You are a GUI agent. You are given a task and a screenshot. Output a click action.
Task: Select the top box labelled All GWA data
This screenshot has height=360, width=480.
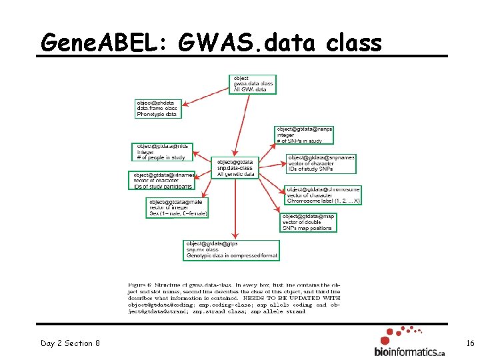pyautogui.click(x=253, y=84)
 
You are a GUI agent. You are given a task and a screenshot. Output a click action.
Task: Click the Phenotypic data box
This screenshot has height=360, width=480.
pyautogui.click(x=158, y=109)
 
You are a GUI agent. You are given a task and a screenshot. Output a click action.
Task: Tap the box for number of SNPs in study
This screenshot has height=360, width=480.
pyautogui.click(x=304, y=135)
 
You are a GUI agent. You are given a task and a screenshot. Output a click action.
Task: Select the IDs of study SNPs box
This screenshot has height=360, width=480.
pyautogui.click(x=321, y=164)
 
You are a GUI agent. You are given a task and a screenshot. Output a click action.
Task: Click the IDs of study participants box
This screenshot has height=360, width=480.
pyautogui.click(x=161, y=181)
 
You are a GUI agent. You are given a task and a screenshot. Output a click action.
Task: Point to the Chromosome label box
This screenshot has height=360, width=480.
pyautogui.click(x=323, y=195)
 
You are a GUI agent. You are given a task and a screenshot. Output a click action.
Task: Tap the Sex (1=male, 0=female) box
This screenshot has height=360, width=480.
pyautogui.click(x=178, y=207)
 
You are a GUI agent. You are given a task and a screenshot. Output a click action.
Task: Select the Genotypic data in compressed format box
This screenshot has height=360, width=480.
pyautogui.click(x=231, y=250)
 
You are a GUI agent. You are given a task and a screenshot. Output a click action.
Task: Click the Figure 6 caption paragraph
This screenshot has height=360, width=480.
pyautogui.click(x=234, y=297)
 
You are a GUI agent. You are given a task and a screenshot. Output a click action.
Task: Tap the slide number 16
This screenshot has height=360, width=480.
pyautogui.click(x=470, y=343)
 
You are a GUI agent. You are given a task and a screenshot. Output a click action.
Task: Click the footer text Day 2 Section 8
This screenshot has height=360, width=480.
pyautogui.click(x=70, y=343)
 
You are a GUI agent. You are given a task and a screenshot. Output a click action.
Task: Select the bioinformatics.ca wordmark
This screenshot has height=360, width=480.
pyautogui.click(x=409, y=351)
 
